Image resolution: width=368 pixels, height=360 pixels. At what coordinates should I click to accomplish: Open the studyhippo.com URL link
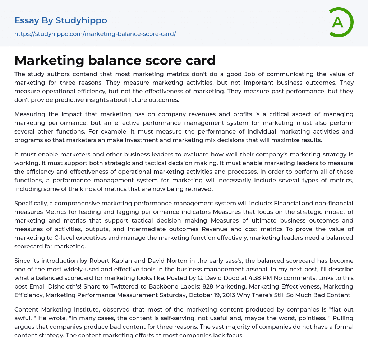pyautogui.click(x=95, y=34)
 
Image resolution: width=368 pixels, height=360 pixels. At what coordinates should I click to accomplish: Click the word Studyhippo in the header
pyautogui.click(x=81, y=20)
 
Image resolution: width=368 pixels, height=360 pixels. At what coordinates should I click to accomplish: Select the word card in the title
pyautogui.click(x=201, y=61)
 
